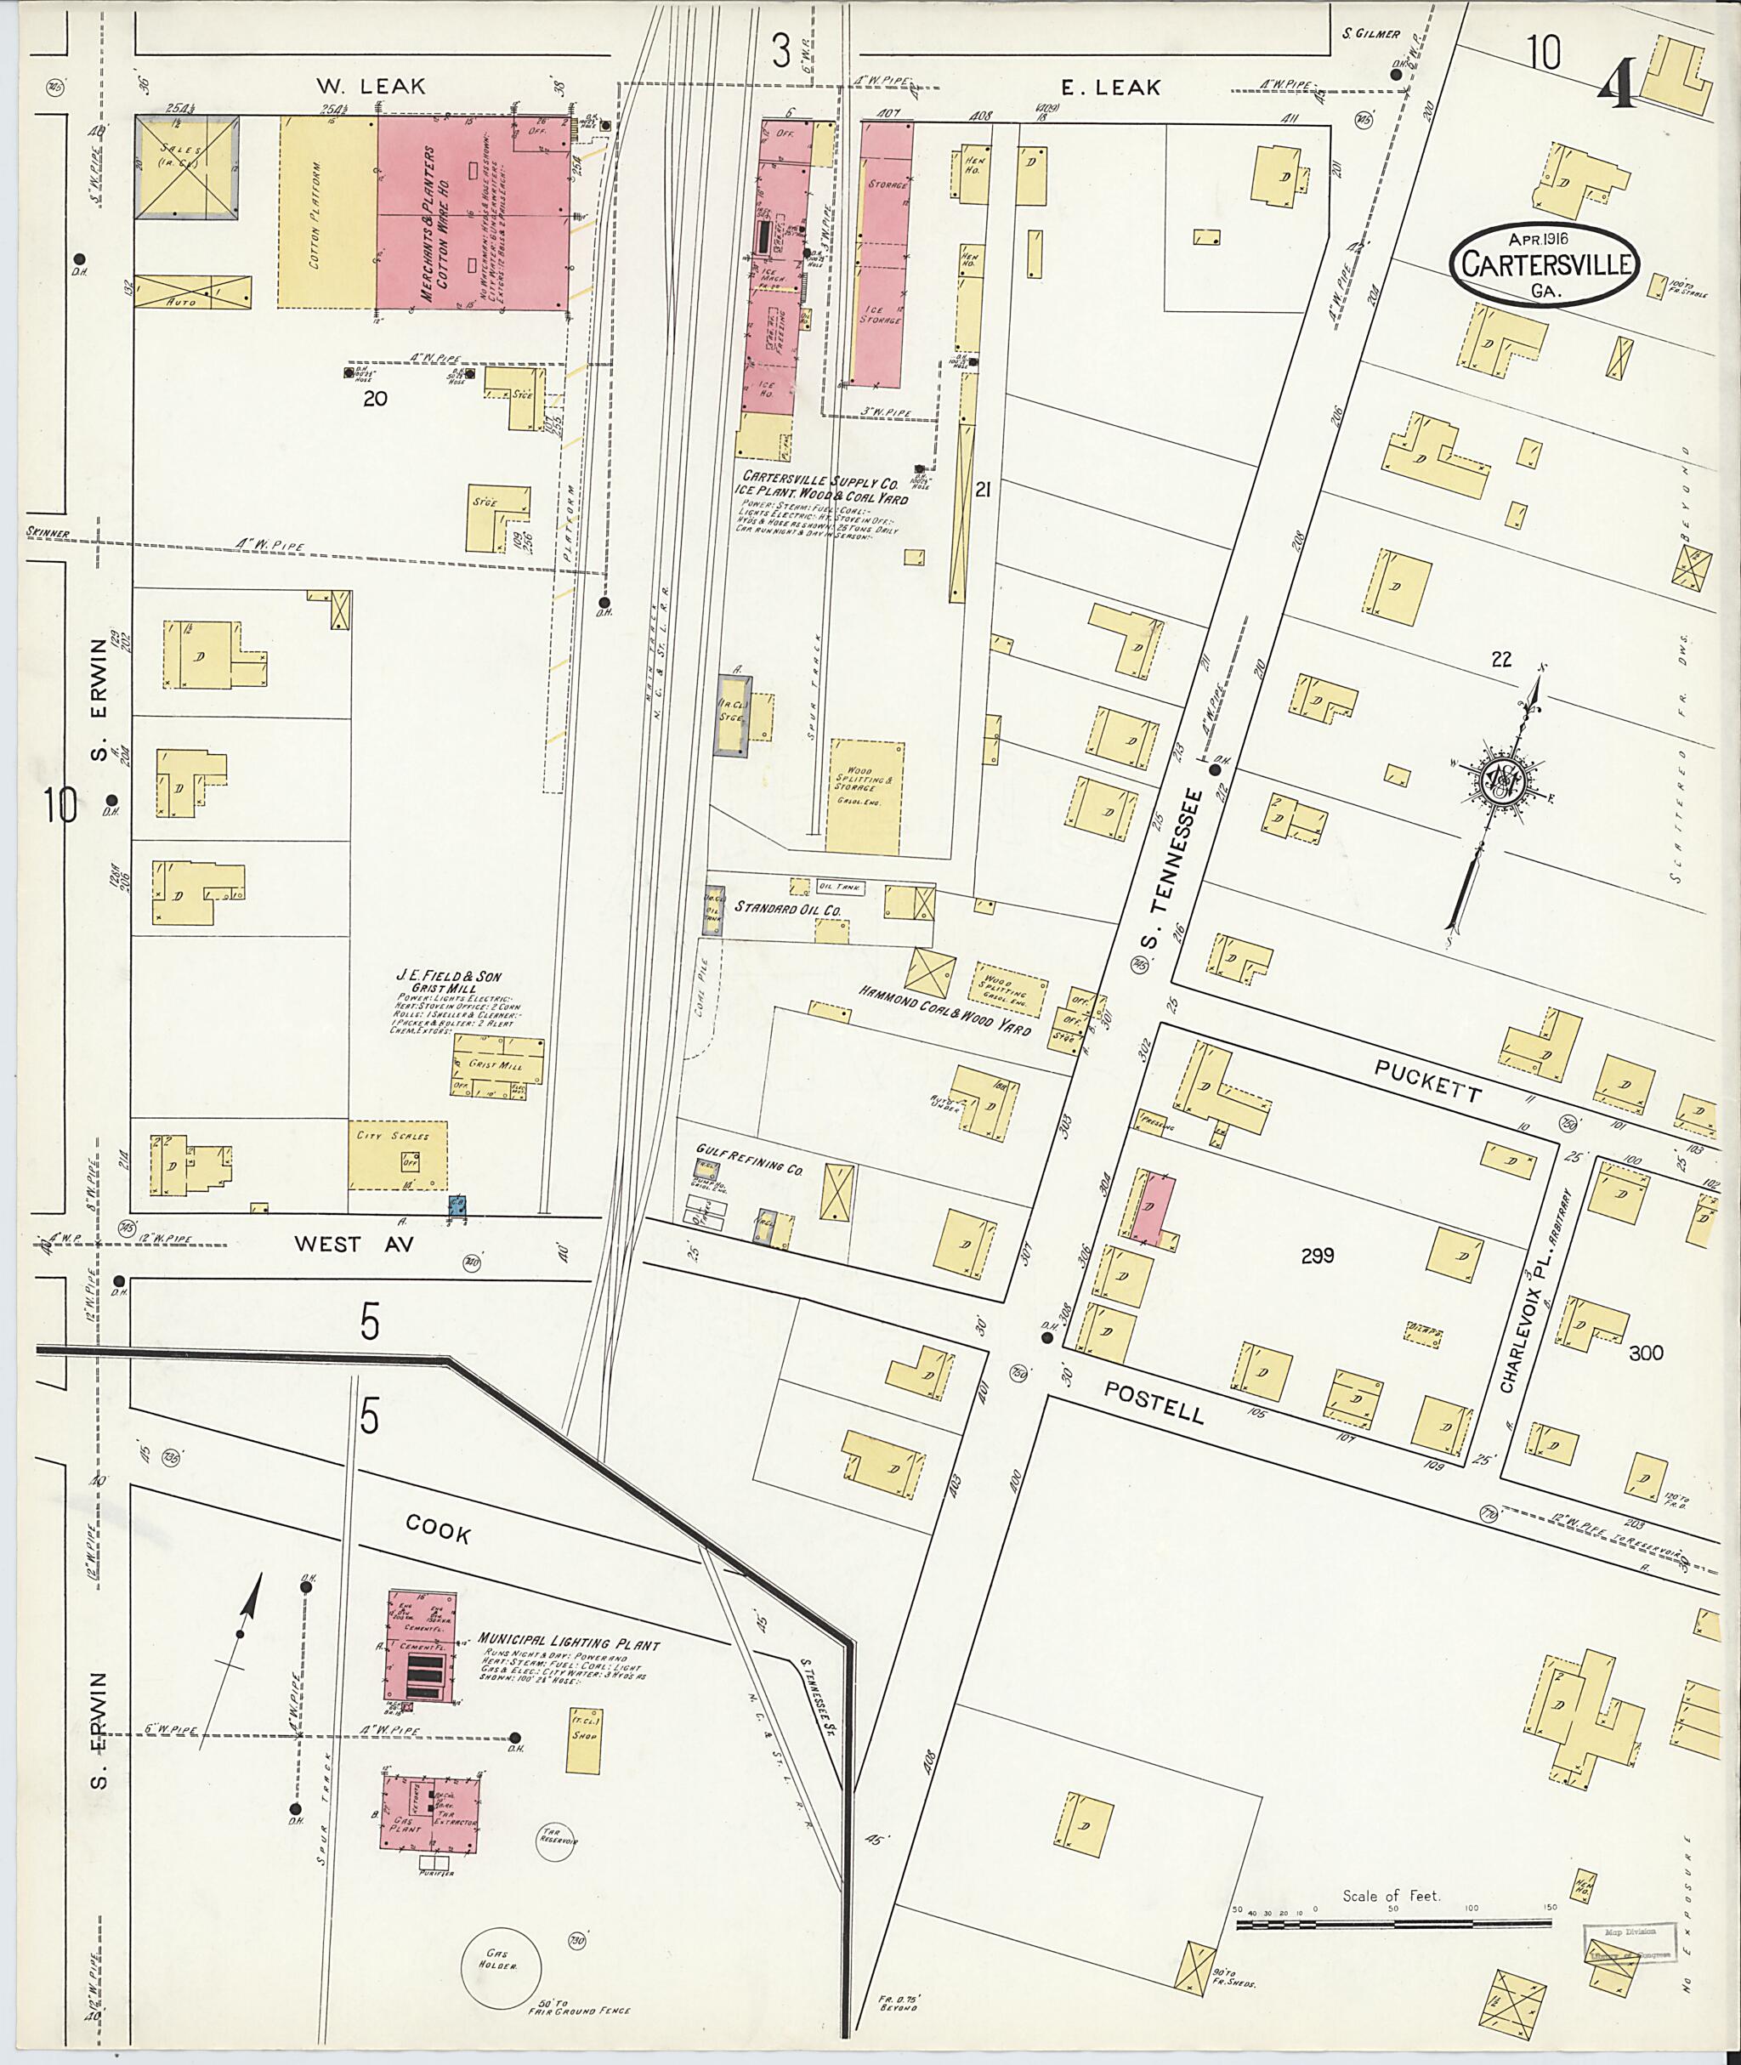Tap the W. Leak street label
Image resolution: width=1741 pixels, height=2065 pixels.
pyautogui.click(x=371, y=87)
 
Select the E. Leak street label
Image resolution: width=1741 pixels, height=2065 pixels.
pyautogui.click(x=1111, y=87)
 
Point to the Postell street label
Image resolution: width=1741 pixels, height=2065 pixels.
pyautogui.click(x=1154, y=1402)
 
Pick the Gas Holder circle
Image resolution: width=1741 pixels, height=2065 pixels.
pyautogui.click(x=502, y=1966)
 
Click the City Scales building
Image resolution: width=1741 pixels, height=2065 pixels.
pyautogui.click(x=397, y=1154)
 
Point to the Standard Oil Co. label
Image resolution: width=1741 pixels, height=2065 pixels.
pyautogui.click(x=786, y=906)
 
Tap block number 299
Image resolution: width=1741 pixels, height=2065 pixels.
pyautogui.click(x=1317, y=1256)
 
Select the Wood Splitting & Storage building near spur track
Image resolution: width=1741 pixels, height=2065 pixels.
pyautogui.click(x=865, y=796)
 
